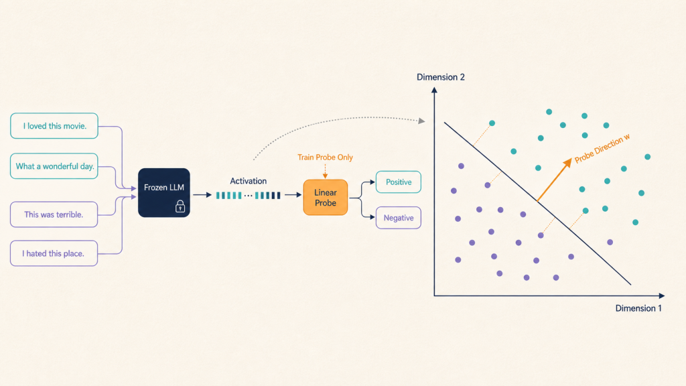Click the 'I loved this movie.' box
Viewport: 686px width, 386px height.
(54, 126)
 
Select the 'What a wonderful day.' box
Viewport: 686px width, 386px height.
(54, 166)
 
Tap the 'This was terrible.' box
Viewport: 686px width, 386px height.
(54, 214)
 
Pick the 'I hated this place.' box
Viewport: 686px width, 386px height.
(54, 253)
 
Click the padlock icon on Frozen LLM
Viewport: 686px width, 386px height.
(180, 206)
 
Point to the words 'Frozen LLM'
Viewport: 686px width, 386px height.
(164, 188)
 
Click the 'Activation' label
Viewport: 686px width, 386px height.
(248, 181)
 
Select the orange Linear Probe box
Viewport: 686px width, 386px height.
(326, 198)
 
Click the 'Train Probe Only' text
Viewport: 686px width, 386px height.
(325, 157)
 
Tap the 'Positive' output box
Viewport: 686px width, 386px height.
(399, 182)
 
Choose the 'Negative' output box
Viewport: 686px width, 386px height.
(399, 218)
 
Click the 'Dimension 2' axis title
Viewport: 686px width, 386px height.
(441, 77)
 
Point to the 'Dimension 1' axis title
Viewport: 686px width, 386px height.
(638, 308)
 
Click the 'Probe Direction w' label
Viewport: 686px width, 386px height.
(602, 148)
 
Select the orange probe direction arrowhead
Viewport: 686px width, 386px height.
(567, 163)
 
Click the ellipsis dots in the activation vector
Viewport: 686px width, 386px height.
(248, 196)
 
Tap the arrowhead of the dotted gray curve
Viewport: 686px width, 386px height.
(422, 121)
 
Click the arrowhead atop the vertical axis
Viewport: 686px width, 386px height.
(434, 90)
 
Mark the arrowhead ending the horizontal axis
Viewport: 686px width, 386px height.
(661, 296)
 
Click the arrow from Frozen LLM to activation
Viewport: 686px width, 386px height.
(202, 195)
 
